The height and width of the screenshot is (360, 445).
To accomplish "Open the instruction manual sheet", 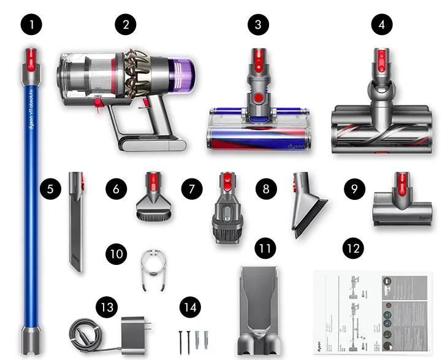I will pos(372,312).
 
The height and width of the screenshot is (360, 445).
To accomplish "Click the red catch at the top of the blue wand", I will pos(29,58).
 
